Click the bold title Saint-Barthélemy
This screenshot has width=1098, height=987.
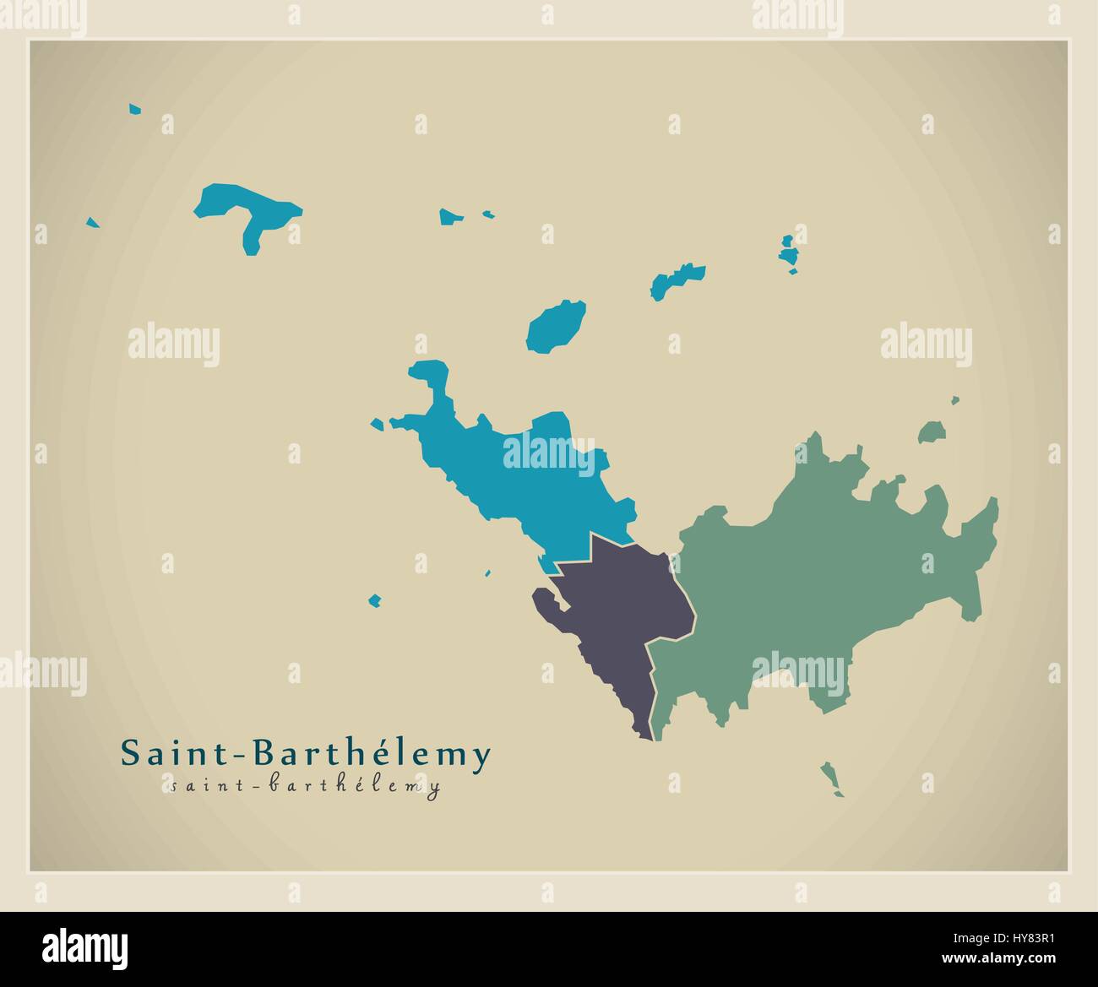coord(305,754)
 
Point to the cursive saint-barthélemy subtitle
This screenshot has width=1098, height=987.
coord(304,787)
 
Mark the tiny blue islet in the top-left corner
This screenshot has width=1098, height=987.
coord(135,109)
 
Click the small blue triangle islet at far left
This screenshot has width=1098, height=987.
coord(92,223)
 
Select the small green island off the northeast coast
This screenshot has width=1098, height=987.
coord(931,433)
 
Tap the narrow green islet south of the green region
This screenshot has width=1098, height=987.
coord(830,778)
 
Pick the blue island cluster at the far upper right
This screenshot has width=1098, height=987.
coord(789,253)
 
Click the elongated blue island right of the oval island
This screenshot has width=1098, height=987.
coord(676,279)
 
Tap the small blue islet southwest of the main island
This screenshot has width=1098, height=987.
coord(374,601)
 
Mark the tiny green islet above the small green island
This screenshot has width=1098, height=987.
coord(955,401)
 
